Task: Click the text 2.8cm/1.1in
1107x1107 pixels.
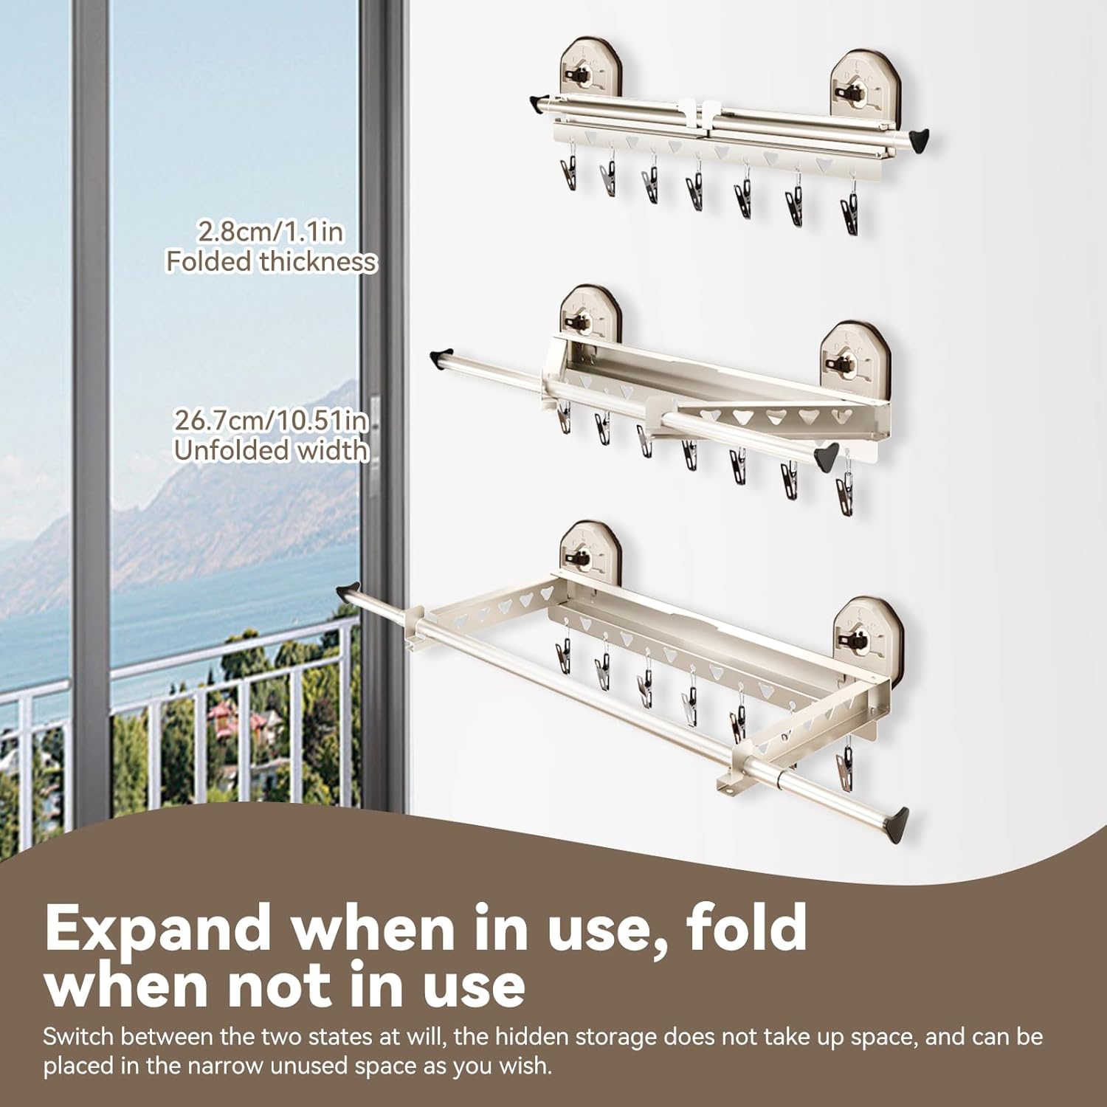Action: (x=270, y=232)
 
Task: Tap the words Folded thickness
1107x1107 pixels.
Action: (x=270, y=262)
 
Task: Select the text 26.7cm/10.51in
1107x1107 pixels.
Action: (x=270, y=421)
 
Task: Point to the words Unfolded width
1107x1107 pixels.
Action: (x=270, y=450)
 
